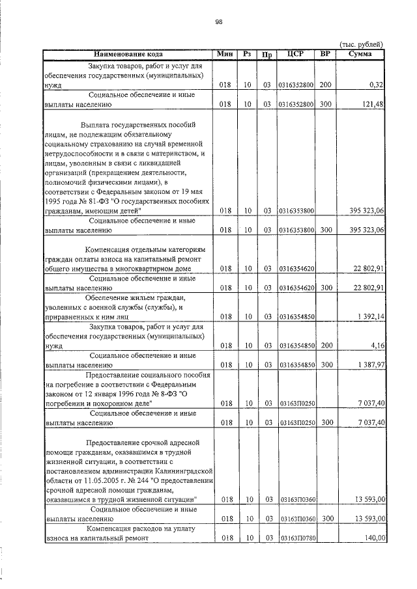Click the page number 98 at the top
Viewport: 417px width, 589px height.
(x=219, y=21)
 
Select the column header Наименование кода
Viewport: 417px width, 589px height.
(x=128, y=54)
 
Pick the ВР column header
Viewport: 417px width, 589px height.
(x=325, y=54)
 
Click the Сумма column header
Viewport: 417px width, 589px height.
(x=360, y=54)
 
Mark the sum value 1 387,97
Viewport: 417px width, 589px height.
(x=371, y=365)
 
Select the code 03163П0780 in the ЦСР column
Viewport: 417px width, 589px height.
(x=296, y=539)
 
